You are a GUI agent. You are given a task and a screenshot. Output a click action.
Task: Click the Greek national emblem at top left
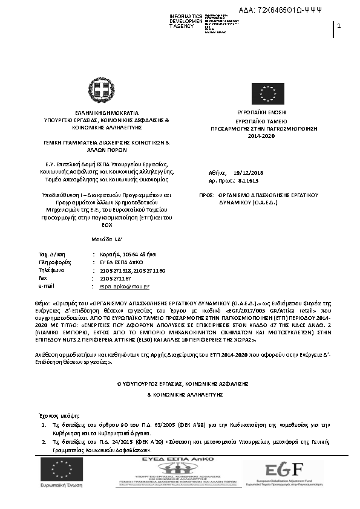(97, 89)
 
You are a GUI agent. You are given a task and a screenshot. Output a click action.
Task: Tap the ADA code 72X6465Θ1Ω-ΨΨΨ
(289, 10)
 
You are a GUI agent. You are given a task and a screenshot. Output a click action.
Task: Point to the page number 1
(339, 25)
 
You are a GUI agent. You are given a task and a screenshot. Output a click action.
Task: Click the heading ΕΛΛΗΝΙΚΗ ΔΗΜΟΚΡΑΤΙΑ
(106, 113)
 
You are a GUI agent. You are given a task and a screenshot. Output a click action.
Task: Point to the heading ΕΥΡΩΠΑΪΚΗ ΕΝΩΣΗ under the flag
(261, 112)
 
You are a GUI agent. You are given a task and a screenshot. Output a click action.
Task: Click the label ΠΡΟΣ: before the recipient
(208, 196)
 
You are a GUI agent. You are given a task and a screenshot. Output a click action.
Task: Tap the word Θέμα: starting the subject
(45, 300)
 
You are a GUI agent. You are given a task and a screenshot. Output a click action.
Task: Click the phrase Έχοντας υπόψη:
(54, 416)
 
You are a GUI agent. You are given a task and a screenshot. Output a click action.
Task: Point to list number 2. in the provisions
(45, 443)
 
